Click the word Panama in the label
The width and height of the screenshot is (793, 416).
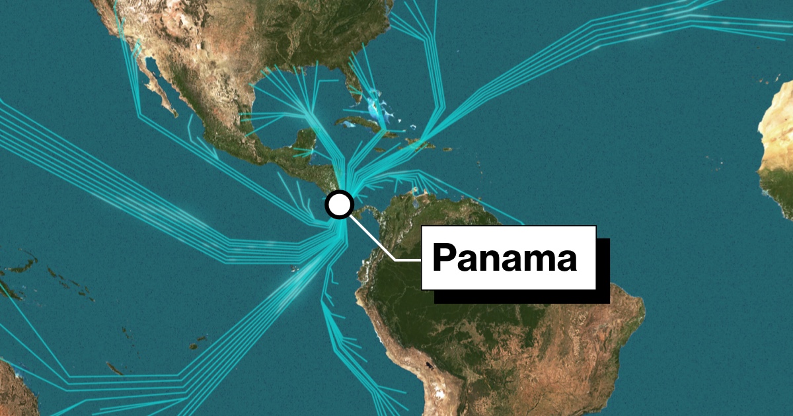(x=505, y=258)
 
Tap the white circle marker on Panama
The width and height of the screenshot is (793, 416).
(x=340, y=205)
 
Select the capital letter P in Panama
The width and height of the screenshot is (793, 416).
(x=444, y=258)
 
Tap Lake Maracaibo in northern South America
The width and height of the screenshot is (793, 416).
(x=415, y=193)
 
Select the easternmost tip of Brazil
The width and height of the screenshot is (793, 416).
(x=643, y=310)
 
